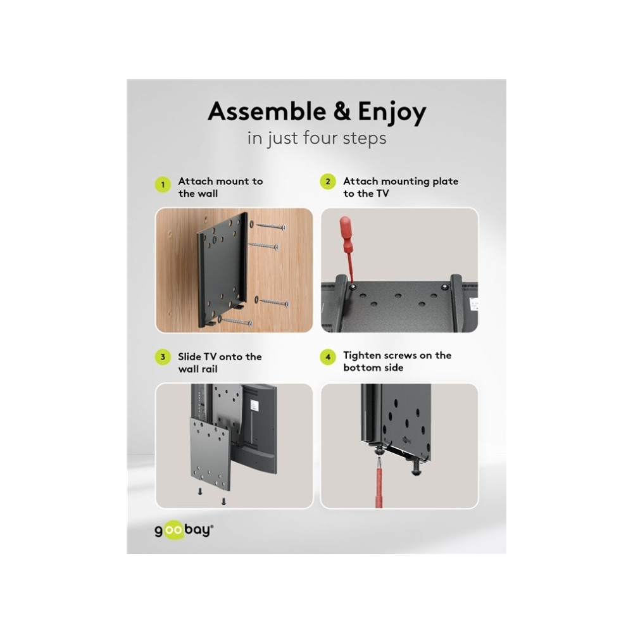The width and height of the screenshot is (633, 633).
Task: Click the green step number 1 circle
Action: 163,184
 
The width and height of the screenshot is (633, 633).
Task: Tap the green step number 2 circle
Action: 328,182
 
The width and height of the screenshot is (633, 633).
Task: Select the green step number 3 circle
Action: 163,357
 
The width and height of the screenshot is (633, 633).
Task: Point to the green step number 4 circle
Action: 328,357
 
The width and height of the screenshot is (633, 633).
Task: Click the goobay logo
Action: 184,529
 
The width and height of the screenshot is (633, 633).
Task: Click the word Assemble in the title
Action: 267,111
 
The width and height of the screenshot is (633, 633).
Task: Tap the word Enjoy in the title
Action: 392,113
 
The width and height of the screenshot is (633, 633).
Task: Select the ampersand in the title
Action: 342,111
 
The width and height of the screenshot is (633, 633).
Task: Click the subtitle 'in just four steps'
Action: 317,138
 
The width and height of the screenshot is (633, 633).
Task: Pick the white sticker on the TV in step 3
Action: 254,405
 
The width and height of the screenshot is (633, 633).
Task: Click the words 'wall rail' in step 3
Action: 197,369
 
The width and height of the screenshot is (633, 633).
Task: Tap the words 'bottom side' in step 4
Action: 373,368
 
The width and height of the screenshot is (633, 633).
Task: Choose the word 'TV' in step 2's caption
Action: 382,194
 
